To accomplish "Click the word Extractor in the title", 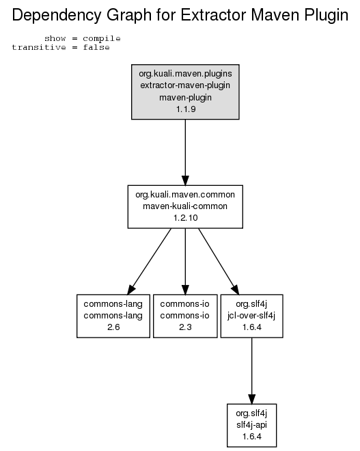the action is coord(214,14).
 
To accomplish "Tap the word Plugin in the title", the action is coord(327,16).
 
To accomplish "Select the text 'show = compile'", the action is coord(83,38).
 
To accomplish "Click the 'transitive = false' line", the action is coord(61,47).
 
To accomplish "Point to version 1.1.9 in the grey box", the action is coord(186,109).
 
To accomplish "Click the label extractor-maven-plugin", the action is coord(185,85).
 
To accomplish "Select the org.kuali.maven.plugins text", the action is coord(185,74).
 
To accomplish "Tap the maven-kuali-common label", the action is coord(185,206).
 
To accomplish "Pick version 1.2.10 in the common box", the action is coord(185,218).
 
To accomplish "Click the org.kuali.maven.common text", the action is coord(185,195).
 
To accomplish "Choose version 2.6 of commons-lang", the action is coord(113,327).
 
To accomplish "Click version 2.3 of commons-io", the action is coord(185,327).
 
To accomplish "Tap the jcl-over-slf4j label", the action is coord(251,316).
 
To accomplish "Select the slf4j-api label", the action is coord(252,425).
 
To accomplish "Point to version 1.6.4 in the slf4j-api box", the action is coord(252,437).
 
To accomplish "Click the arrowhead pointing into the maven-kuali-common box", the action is coord(185,180).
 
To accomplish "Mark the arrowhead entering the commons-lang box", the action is coord(131,290).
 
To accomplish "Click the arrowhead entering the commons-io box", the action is coord(185,290).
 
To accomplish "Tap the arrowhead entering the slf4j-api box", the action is coord(252,399).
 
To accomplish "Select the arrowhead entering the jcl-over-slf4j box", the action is coord(236,290).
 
